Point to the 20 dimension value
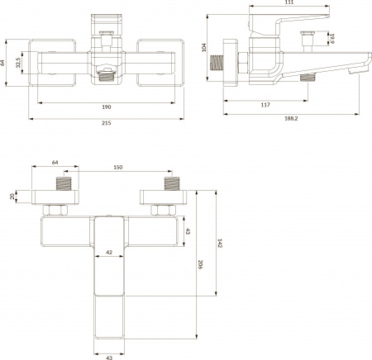(12, 197)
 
